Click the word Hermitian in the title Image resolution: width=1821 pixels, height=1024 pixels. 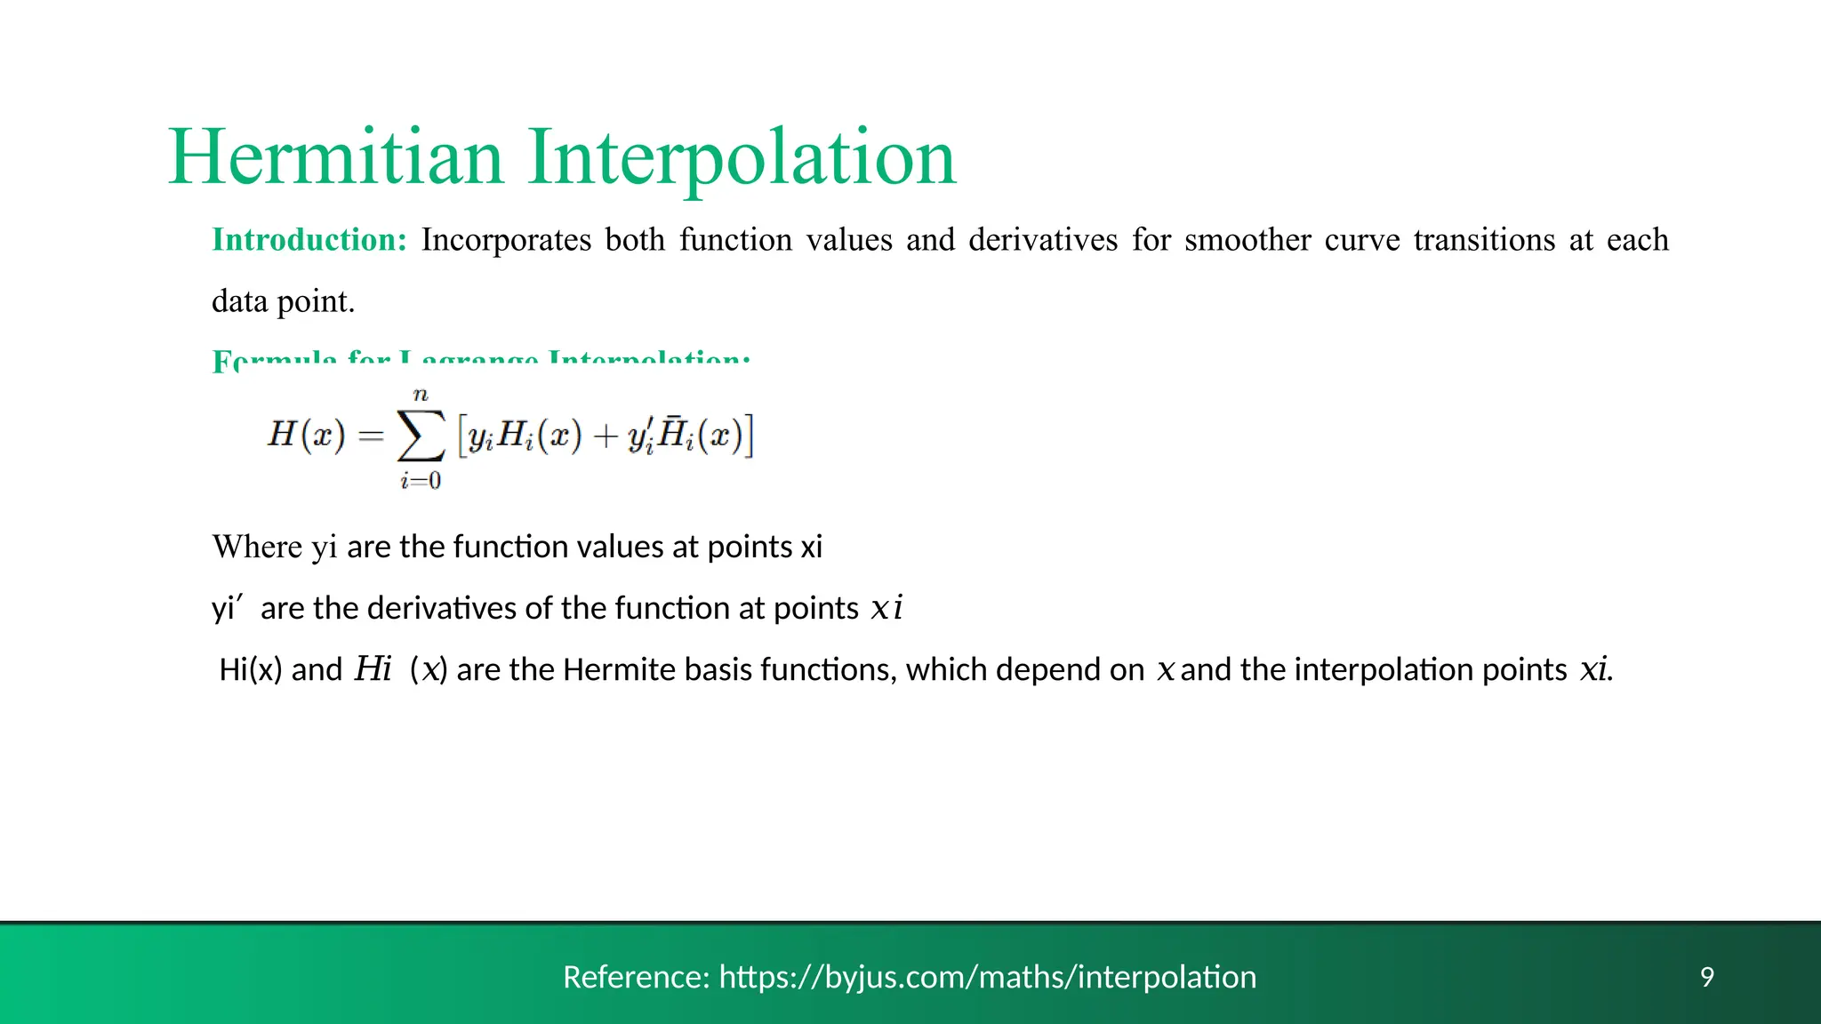(336, 157)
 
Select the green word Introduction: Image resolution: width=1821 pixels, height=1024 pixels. (309, 240)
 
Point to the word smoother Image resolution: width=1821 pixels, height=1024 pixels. (1247, 240)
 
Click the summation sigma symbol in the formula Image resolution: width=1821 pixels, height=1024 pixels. (421, 436)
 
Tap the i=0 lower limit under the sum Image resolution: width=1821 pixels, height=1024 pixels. (421, 481)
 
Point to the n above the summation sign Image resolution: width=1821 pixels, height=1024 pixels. (421, 395)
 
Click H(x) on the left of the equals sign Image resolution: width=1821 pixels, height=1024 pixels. (306, 435)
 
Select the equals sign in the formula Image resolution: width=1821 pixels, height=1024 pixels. (371, 436)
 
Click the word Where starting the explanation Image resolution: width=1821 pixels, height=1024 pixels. (257, 547)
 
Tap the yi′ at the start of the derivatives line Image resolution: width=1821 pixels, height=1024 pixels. (227, 608)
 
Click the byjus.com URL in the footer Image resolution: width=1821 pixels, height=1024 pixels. (987, 977)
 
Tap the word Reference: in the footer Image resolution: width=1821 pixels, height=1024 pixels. (636, 977)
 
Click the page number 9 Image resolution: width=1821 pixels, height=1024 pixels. (1707, 977)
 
